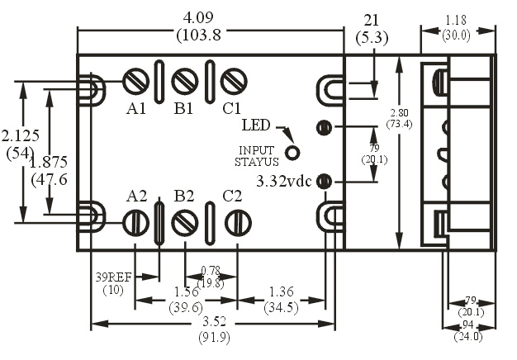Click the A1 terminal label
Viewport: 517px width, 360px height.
137,108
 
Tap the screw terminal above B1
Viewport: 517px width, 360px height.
184,81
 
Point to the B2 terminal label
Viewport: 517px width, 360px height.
184,197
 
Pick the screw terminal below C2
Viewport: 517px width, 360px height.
237,222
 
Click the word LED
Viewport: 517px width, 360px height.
256,126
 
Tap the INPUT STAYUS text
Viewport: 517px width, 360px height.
256,156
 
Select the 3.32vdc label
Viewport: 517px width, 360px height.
286,181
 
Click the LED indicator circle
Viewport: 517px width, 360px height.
292,152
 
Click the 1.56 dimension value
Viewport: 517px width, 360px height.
186,291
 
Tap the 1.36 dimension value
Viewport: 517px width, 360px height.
281,291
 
